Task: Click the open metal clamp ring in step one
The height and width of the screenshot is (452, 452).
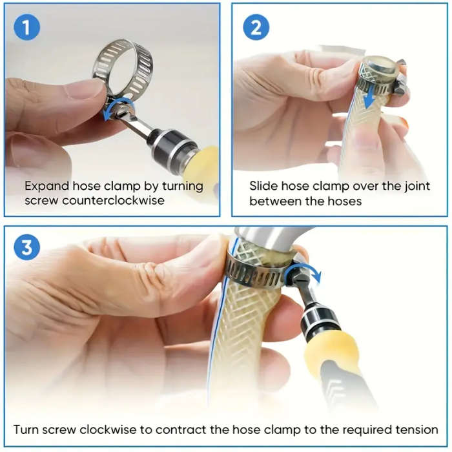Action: (x=127, y=64)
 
